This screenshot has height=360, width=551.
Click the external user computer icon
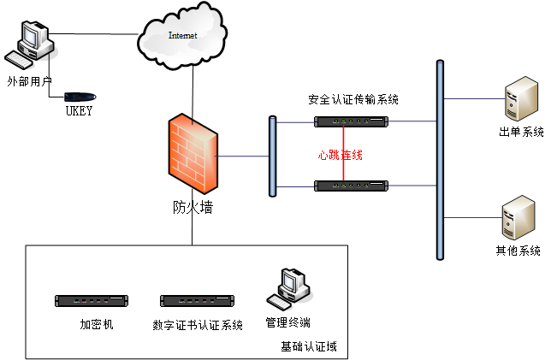coord(27,45)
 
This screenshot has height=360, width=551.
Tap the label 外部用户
coord(29,81)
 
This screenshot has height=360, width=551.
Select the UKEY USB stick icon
coord(79,96)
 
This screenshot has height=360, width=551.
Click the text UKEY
coord(79,111)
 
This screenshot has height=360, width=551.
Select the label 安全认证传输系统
coord(353,100)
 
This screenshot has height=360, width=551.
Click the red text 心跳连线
coord(341,155)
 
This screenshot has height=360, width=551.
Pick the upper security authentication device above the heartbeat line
coord(351,121)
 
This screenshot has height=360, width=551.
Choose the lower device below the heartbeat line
coord(351,186)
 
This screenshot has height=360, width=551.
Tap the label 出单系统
coord(521,132)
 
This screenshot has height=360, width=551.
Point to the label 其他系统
coord(518,251)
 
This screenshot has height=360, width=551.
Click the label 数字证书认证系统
coord(198,325)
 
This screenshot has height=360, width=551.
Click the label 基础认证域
coord(309,346)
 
